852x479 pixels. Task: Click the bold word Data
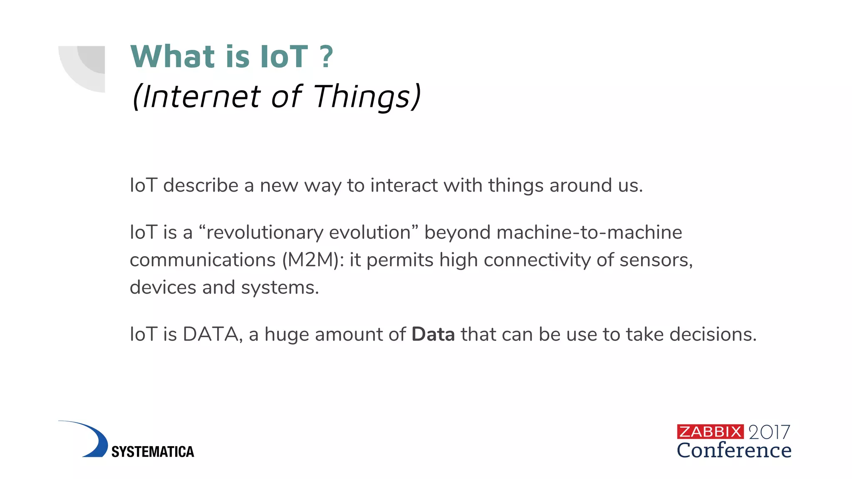pyautogui.click(x=433, y=334)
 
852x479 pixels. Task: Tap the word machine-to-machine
pyautogui.click(x=589, y=232)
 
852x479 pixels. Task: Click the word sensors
pyautogui.click(x=656, y=260)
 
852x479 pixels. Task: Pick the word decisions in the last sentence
pyautogui.click(x=713, y=334)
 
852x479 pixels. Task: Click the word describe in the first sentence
pyautogui.click(x=201, y=185)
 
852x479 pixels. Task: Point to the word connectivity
pyautogui.click(x=537, y=260)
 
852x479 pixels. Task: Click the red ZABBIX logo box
pyautogui.click(x=710, y=432)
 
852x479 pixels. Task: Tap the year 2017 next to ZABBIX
pyautogui.click(x=769, y=432)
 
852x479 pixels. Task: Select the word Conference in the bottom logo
pyautogui.click(x=734, y=450)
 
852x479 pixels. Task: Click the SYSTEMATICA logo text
pyautogui.click(x=153, y=452)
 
